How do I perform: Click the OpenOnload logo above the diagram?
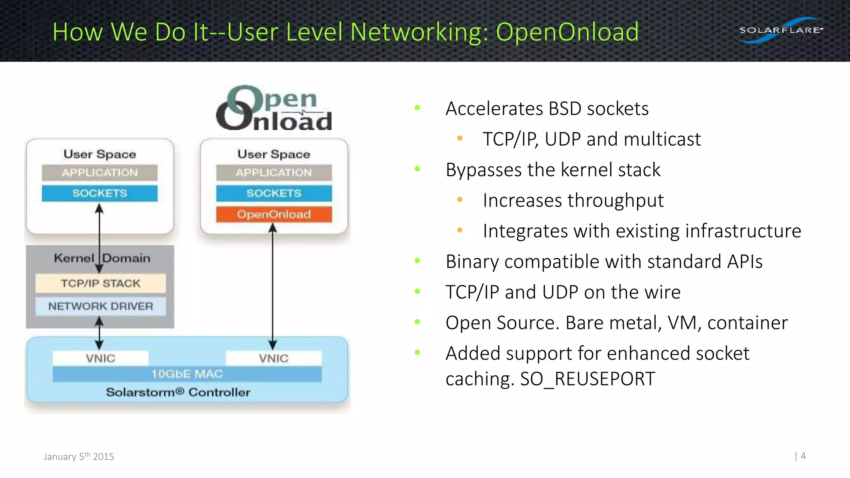pyautogui.click(x=274, y=109)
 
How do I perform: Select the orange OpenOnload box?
pyautogui.click(x=274, y=214)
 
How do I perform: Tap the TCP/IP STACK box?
pyautogui.click(x=100, y=283)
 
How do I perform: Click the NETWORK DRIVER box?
pyautogui.click(x=100, y=306)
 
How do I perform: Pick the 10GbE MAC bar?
pyautogui.click(x=187, y=374)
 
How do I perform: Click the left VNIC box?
pyautogui.click(x=100, y=358)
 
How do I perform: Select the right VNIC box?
pyautogui.click(x=274, y=358)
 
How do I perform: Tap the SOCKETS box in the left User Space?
pyautogui.click(x=100, y=193)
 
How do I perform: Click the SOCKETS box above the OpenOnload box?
pyautogui.click(x=274, y=193)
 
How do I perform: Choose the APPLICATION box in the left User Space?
pyautogui.click(x=100, y=173)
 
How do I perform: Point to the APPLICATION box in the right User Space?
pyautogui.click(x=274, y=173)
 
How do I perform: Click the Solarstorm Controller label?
pyautogui.click(x=178, y=392)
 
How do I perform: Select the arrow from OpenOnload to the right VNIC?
pyautogui.click(x=273, y=286)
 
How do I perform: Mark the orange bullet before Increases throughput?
pyautogui.click(x=459, y=200)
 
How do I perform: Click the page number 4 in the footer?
pyautogui.click(x=803, y=456)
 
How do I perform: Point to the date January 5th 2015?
pyautogui.click(x=79, y=456)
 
